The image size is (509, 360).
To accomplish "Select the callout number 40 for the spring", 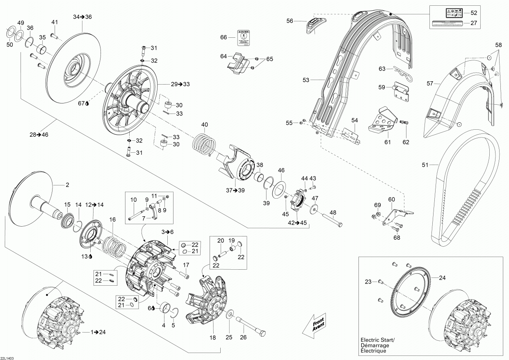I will (x=204, y=124).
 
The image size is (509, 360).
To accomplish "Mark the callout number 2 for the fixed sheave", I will (x=67, y=185).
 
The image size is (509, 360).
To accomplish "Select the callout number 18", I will (x=212, y=337).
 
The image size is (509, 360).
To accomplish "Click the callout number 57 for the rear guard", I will (x=430, y=83).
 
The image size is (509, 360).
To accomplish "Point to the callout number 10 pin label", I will (x=133, y=199).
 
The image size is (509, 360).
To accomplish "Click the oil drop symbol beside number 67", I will (x=87, y=104).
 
